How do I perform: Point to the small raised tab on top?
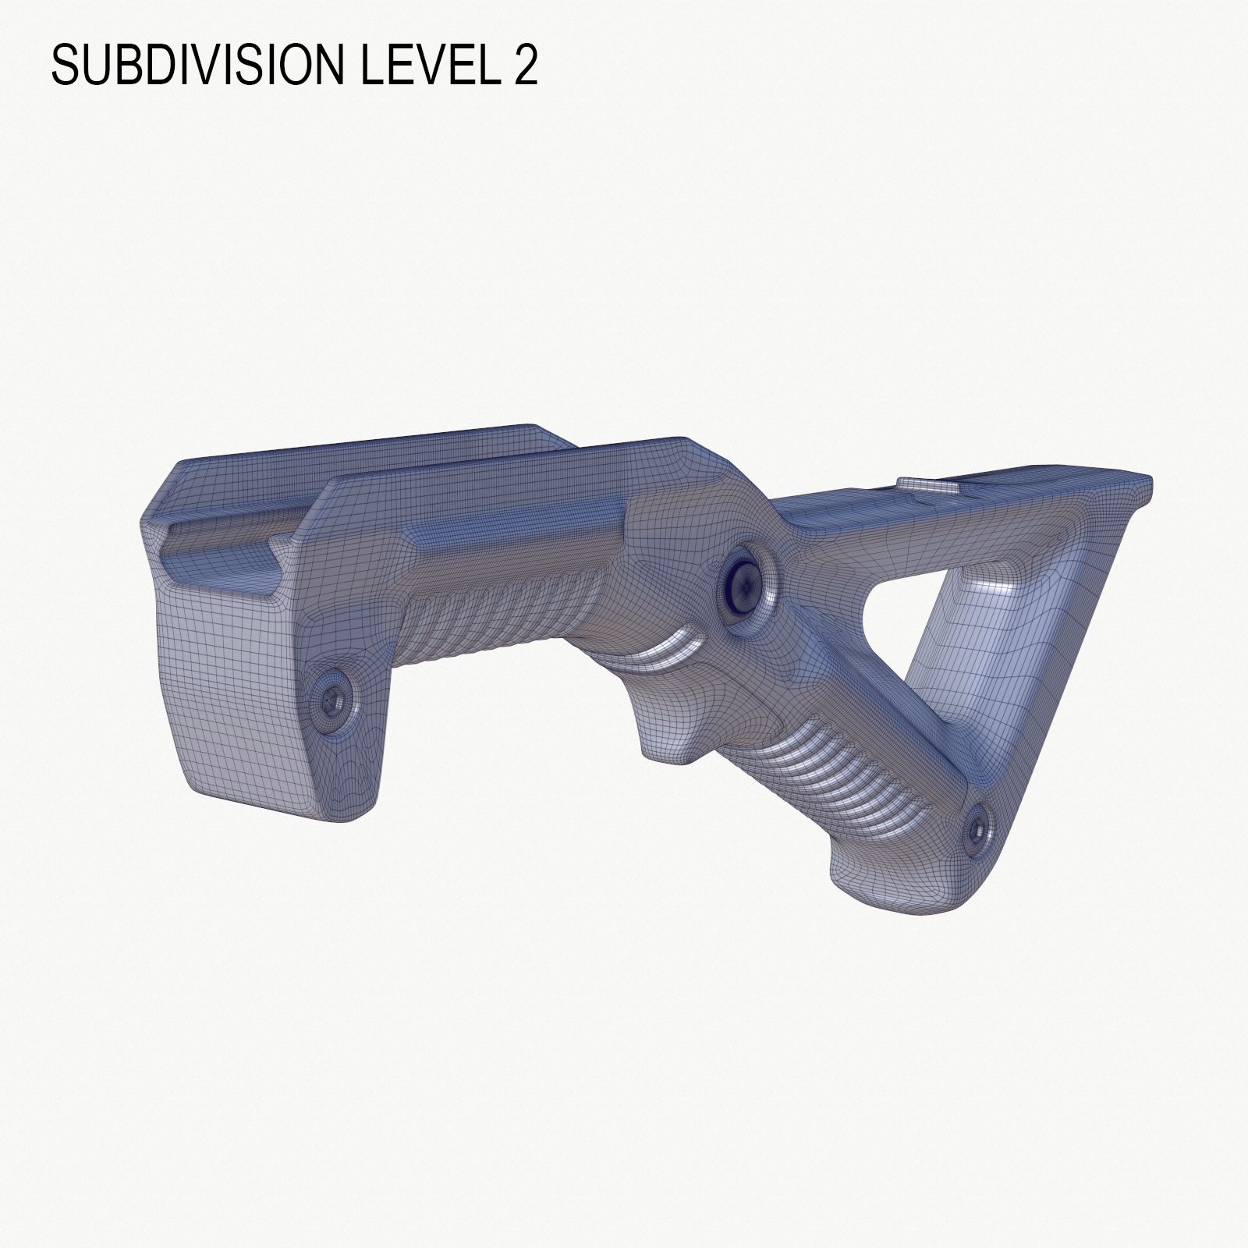pyautogui.click(x=928, y=484)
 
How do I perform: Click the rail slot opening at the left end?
pyautogui.click(x=218, y=546)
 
